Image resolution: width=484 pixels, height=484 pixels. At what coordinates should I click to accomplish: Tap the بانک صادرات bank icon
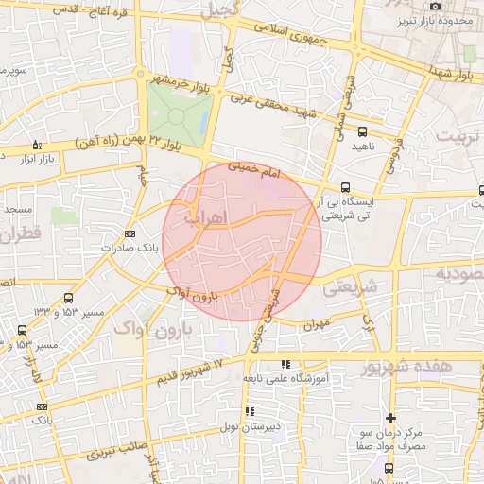(130, 233)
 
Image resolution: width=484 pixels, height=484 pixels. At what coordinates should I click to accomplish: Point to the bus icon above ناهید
(364, 131)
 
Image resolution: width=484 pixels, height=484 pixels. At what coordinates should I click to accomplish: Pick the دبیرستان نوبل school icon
(250, 411)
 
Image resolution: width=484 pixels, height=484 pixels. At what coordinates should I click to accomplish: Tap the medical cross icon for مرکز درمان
(390, 417)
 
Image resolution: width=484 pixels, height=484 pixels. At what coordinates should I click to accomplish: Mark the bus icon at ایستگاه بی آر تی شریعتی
(345, 187)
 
